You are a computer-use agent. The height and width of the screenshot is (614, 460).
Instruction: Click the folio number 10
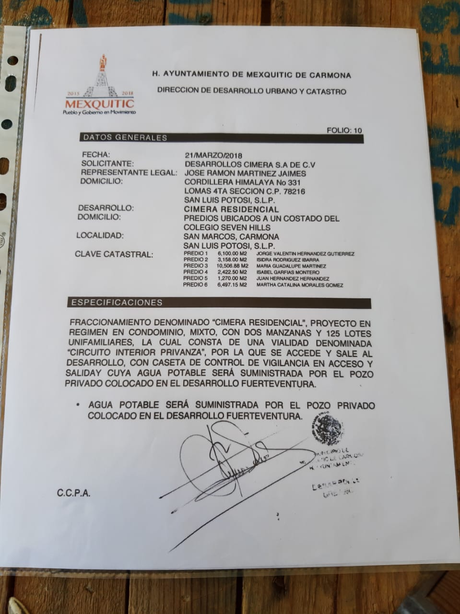[x=358, y=130]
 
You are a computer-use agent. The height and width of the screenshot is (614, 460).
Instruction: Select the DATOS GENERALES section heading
[x=125, y=138]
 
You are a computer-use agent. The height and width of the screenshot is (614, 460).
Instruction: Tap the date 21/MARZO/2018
[x=213, y=155]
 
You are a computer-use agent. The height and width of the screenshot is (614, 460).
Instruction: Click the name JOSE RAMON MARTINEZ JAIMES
[x=245, y=173]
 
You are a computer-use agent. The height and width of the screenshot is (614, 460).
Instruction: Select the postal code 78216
[x=295, y=191]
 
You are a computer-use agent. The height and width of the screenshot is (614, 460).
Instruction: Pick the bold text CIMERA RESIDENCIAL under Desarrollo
[x=231, y=209]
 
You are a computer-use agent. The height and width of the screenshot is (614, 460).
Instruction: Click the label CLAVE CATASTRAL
[x=114, y=254]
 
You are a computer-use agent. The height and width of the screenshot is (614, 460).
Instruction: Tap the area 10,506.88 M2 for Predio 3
[x=233, y=266]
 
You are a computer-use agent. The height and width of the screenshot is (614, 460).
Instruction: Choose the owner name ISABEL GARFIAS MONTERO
[x=288, y=272]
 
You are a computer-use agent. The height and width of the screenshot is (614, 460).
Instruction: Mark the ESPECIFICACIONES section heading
[x=117, y=303]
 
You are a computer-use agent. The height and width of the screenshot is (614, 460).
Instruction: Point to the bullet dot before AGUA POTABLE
[x=78, y=405]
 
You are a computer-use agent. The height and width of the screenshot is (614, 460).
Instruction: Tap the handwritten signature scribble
[x=225, y=460]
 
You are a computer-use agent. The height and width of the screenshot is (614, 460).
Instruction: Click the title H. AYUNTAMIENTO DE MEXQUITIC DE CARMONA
[x=251, y=75]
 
